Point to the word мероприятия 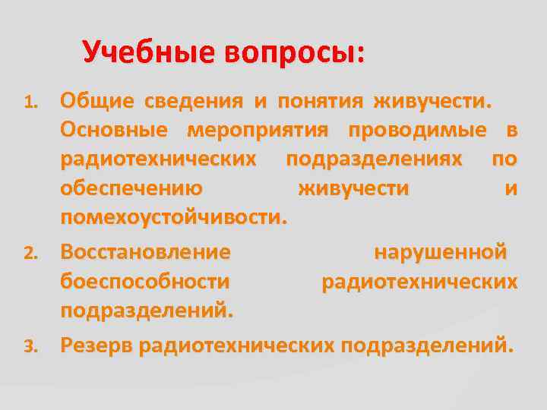258,130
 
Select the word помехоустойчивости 174,218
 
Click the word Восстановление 146,251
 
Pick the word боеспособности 145,282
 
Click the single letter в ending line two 511,130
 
